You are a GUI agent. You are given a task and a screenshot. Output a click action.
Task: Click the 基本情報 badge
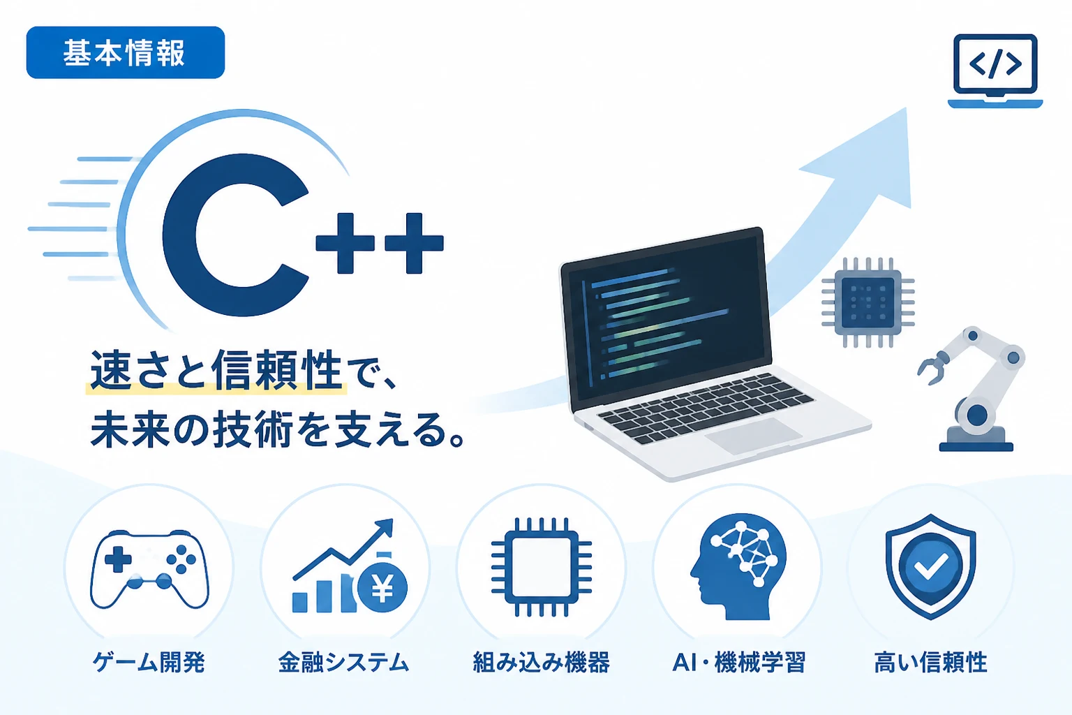tap(126, 52)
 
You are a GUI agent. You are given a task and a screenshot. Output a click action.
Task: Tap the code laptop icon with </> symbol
tap(995, 71)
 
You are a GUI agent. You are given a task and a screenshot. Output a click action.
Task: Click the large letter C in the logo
tap(235, 235)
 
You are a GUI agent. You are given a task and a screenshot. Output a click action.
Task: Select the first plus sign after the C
tap(345, 243)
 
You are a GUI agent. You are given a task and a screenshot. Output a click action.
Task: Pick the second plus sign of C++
tap(414, 243)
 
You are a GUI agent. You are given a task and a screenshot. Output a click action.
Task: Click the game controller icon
tap(149, 568)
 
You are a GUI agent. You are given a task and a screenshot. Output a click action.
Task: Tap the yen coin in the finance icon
tap(382, 588)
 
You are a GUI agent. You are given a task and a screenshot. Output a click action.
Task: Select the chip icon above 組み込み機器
tap(542, 567)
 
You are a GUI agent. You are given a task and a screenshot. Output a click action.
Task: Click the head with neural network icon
tap(738, 567)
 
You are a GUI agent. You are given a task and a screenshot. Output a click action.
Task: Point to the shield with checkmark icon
tap(931, 567)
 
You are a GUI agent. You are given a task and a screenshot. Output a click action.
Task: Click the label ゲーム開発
tap(149, 663)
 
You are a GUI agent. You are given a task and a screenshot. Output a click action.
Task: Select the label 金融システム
tap(343, 663)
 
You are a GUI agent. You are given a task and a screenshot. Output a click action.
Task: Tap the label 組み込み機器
tap(542, 663)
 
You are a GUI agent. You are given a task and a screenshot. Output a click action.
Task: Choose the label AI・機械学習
tap(739, 663)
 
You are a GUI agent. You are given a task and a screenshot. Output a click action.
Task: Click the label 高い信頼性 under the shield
tap(931, 663)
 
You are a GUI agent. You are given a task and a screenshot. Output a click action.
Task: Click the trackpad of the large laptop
tap(753, 435)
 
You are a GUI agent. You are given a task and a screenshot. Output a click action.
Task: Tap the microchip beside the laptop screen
tap(868, 302)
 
